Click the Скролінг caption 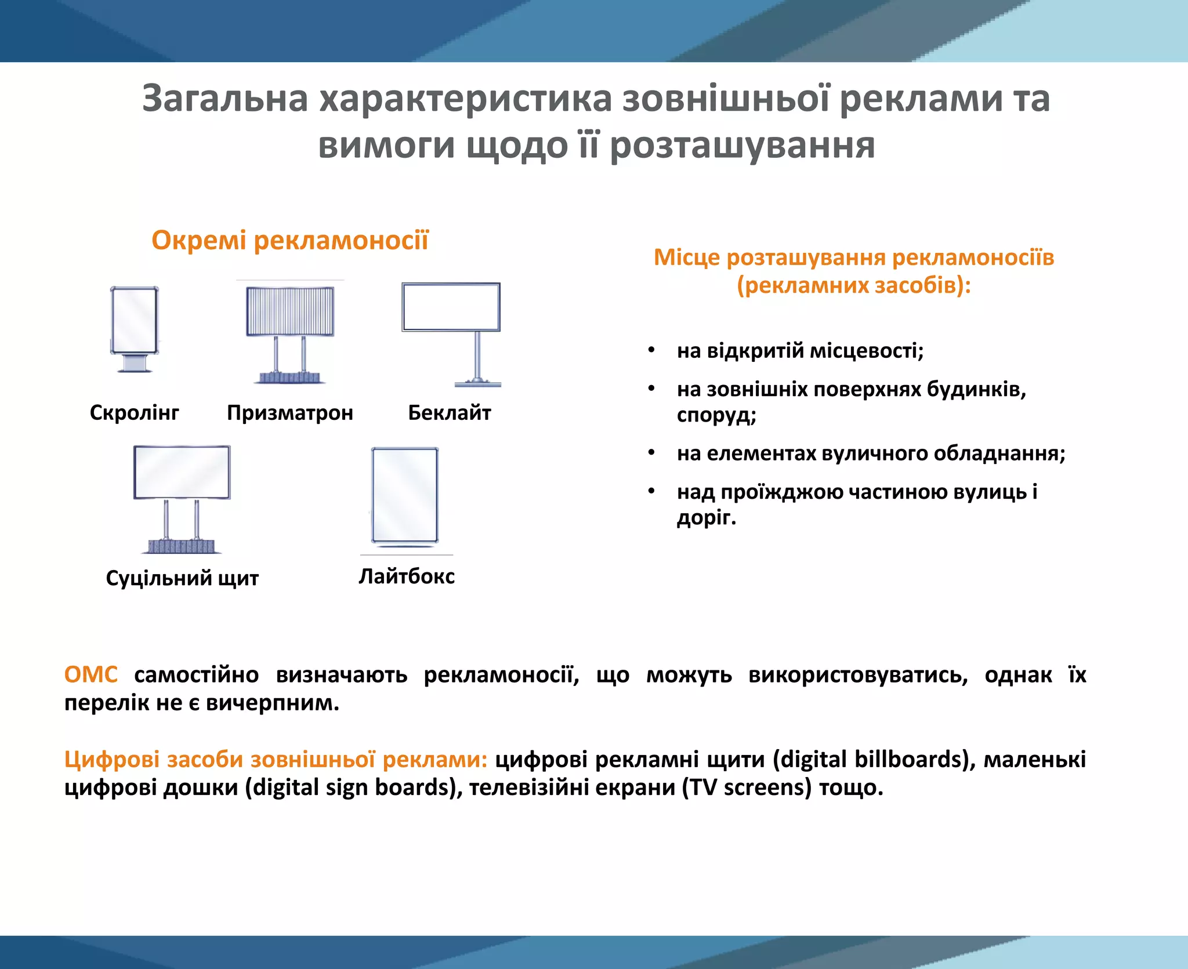tap(134, 413)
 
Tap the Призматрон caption tap(289, 413)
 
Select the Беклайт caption tap(449, 413)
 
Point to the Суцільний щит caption tap(182, 578)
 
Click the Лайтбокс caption tap(406, 576)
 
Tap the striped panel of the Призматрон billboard tap(290, 311)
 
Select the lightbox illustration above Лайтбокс tap(405, 496)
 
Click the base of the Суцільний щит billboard tap(182, 546)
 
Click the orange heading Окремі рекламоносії tap(289, 240)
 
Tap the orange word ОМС tap(91, 675)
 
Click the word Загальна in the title tap(225, 99)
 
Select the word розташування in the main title tap(742, 145)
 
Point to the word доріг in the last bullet tap(705, 517)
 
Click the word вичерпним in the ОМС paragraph tap(273, 703)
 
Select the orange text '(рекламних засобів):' tap(853, 285)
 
